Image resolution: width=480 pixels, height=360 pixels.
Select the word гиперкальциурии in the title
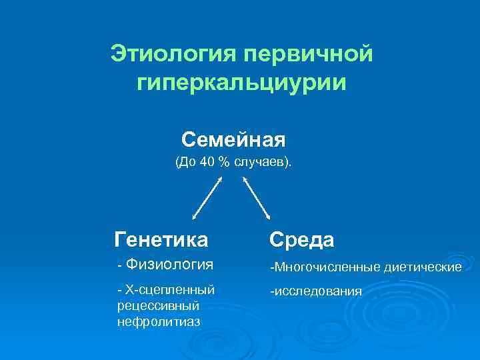241,84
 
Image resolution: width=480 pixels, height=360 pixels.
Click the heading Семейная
233,140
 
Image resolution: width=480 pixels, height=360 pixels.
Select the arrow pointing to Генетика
207,198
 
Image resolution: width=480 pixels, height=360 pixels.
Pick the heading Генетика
161,239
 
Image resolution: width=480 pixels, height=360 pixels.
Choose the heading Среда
301,239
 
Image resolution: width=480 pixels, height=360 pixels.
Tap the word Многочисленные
325,267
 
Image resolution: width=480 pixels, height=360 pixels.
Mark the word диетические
423,267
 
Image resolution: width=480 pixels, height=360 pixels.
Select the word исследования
317,291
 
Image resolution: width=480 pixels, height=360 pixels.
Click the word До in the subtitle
187,162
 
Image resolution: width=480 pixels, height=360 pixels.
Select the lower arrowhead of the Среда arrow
267,215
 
